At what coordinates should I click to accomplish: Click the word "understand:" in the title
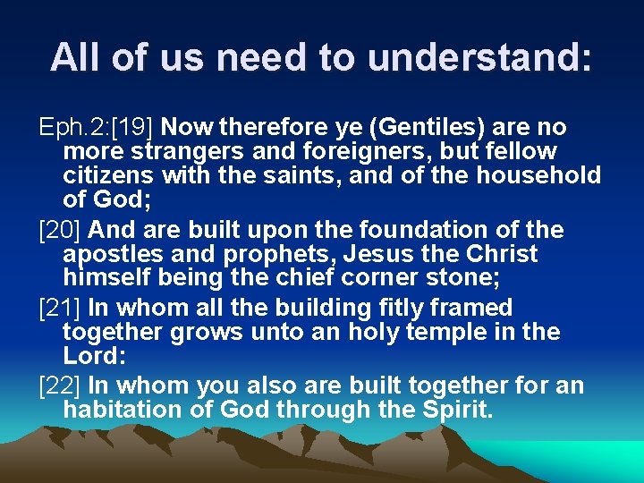479,57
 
